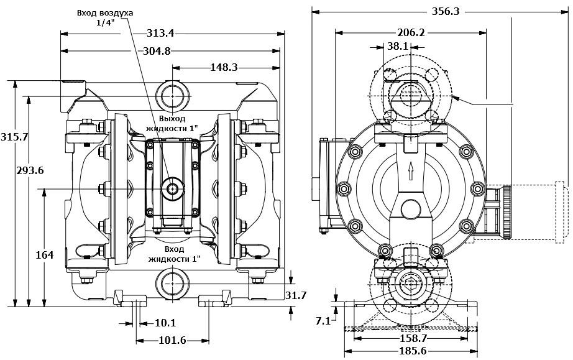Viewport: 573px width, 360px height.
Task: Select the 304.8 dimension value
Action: point(157,51)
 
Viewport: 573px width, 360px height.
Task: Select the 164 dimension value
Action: point(44,254)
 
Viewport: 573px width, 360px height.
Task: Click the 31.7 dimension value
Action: point(296,295)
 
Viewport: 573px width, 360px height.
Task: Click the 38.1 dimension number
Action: point(398,46)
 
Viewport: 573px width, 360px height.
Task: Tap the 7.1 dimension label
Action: point(323,321)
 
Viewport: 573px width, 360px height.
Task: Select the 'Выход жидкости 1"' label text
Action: point(171,122)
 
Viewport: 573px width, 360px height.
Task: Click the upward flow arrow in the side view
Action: point(411,172)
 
